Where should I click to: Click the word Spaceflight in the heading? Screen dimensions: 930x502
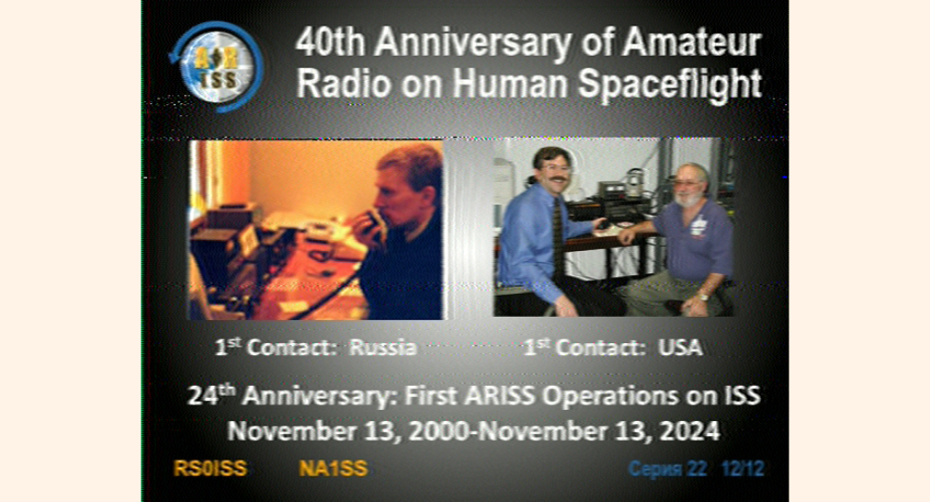tap(670, 84)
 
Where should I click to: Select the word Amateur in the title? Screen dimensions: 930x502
tap(691, 43)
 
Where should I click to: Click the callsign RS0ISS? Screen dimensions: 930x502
tap(210, 469)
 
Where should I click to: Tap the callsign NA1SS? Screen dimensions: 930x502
tap(333, 469)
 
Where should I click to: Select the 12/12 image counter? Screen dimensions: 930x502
tap(742, 469)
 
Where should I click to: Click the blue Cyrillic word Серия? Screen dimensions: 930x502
tap(654, 469)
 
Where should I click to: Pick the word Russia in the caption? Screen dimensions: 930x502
tap(382, 348)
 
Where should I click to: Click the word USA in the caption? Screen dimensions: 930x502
tap(681, 348)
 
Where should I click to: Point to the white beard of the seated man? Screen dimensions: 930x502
tap(689, 199)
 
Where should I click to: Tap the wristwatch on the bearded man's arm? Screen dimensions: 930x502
tap(703, 296)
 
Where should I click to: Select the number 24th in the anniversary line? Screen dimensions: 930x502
tap(212, 394)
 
